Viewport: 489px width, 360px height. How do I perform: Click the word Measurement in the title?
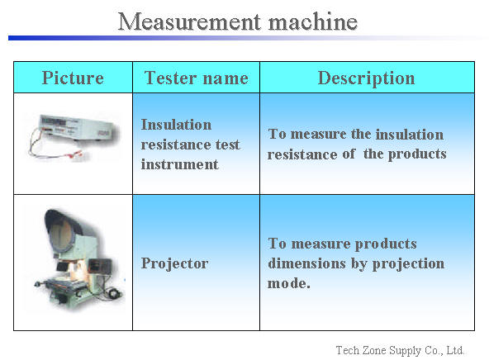189,21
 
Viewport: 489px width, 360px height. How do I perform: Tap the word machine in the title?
313,21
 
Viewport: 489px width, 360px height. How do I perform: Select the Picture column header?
73,78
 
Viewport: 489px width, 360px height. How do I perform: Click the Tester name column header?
196,78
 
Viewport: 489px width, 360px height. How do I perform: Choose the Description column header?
367,78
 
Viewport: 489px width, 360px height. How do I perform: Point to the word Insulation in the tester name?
176,125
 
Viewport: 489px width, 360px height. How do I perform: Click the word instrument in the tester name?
179,164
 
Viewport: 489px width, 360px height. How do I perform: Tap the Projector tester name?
174,263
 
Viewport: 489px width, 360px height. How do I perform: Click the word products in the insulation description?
417,154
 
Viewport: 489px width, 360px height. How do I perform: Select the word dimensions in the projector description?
307,263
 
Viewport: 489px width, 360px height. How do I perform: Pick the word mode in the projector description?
289,283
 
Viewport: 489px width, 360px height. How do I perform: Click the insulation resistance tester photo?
74,137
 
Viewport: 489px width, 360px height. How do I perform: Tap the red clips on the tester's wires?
76,154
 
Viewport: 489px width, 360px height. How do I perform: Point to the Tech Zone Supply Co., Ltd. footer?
400,350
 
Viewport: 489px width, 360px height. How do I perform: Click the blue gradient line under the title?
243,38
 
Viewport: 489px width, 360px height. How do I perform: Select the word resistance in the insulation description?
302,154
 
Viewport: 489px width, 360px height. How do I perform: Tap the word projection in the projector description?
409,264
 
